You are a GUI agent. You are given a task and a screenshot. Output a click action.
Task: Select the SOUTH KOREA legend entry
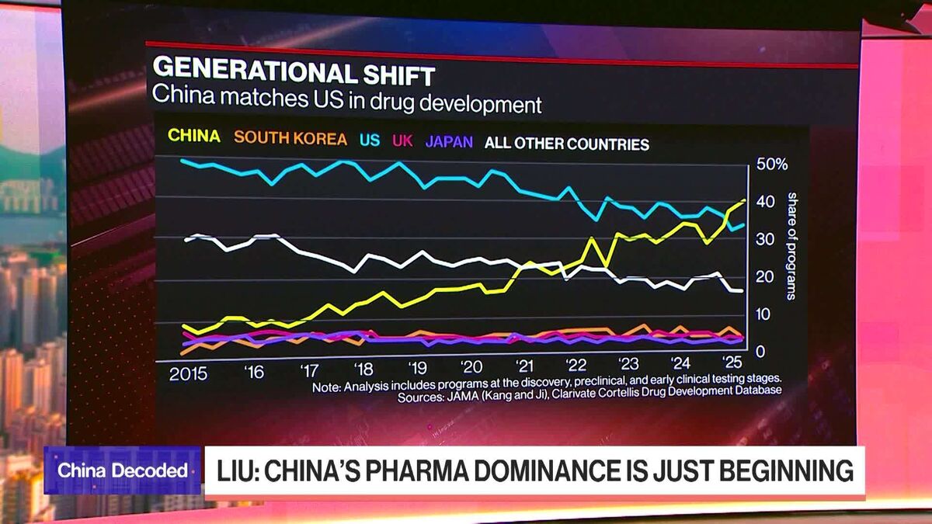coord(290,139)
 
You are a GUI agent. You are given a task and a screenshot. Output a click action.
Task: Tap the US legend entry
coord(370,141)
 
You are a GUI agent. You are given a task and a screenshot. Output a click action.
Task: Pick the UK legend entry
coord(402,141)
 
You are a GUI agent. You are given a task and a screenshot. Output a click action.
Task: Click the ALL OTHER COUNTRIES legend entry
coord(566,144)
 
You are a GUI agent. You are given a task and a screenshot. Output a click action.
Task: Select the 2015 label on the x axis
coord(189,373)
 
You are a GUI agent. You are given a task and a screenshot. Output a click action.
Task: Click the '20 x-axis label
coord(471,367)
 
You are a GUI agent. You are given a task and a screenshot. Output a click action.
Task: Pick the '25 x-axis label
coord(731,362)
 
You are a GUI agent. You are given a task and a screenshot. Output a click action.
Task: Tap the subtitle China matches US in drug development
coord(346,102)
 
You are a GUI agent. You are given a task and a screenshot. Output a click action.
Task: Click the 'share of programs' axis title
coord(791,245)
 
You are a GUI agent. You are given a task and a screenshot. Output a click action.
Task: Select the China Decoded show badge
coord(123,470)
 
